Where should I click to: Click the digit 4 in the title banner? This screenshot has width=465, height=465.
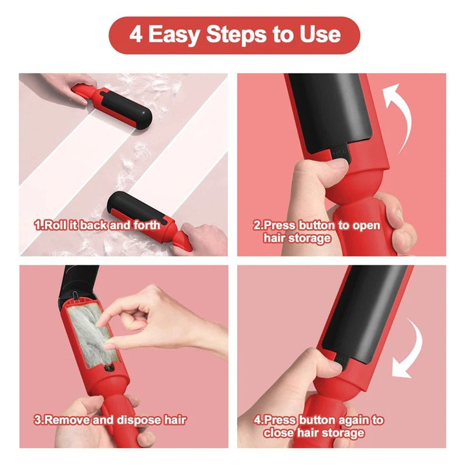(136, 35)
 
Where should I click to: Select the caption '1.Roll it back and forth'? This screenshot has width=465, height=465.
(97, 225)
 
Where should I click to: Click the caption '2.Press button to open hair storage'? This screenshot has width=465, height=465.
(316, 232)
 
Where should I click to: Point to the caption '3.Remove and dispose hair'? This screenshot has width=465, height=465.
(110, 420)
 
